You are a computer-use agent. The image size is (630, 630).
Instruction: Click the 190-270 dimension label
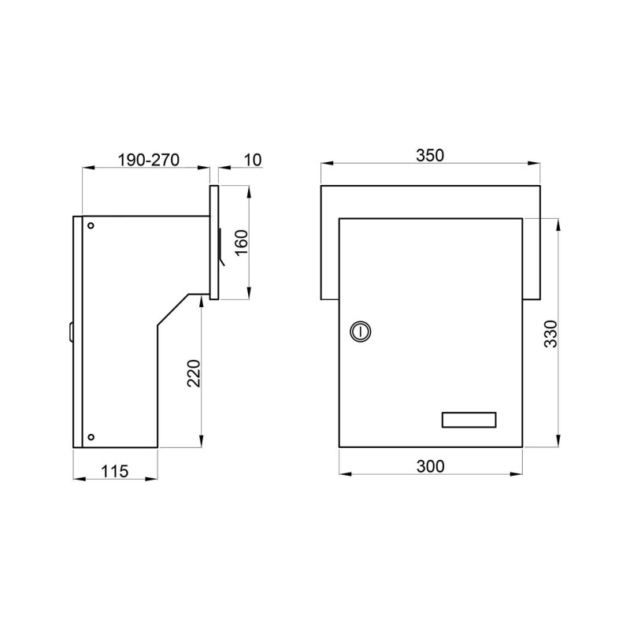pos(148,160)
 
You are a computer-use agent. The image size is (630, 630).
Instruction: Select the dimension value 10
pos(253,160)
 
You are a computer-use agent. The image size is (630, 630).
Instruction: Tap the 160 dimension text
pos(242,243)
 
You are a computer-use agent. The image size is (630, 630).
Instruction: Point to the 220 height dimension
pos(194,373)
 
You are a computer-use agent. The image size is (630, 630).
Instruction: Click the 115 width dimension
pos(114,471)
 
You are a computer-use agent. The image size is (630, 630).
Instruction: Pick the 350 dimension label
pos(430,155)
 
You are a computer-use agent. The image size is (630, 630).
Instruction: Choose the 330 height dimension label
pos(550,334)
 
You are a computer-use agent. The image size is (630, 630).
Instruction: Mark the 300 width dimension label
pos(431,466)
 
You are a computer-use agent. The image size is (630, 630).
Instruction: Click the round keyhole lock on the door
pos(361,332)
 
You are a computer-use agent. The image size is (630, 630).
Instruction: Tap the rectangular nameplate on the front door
pos(469,420)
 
